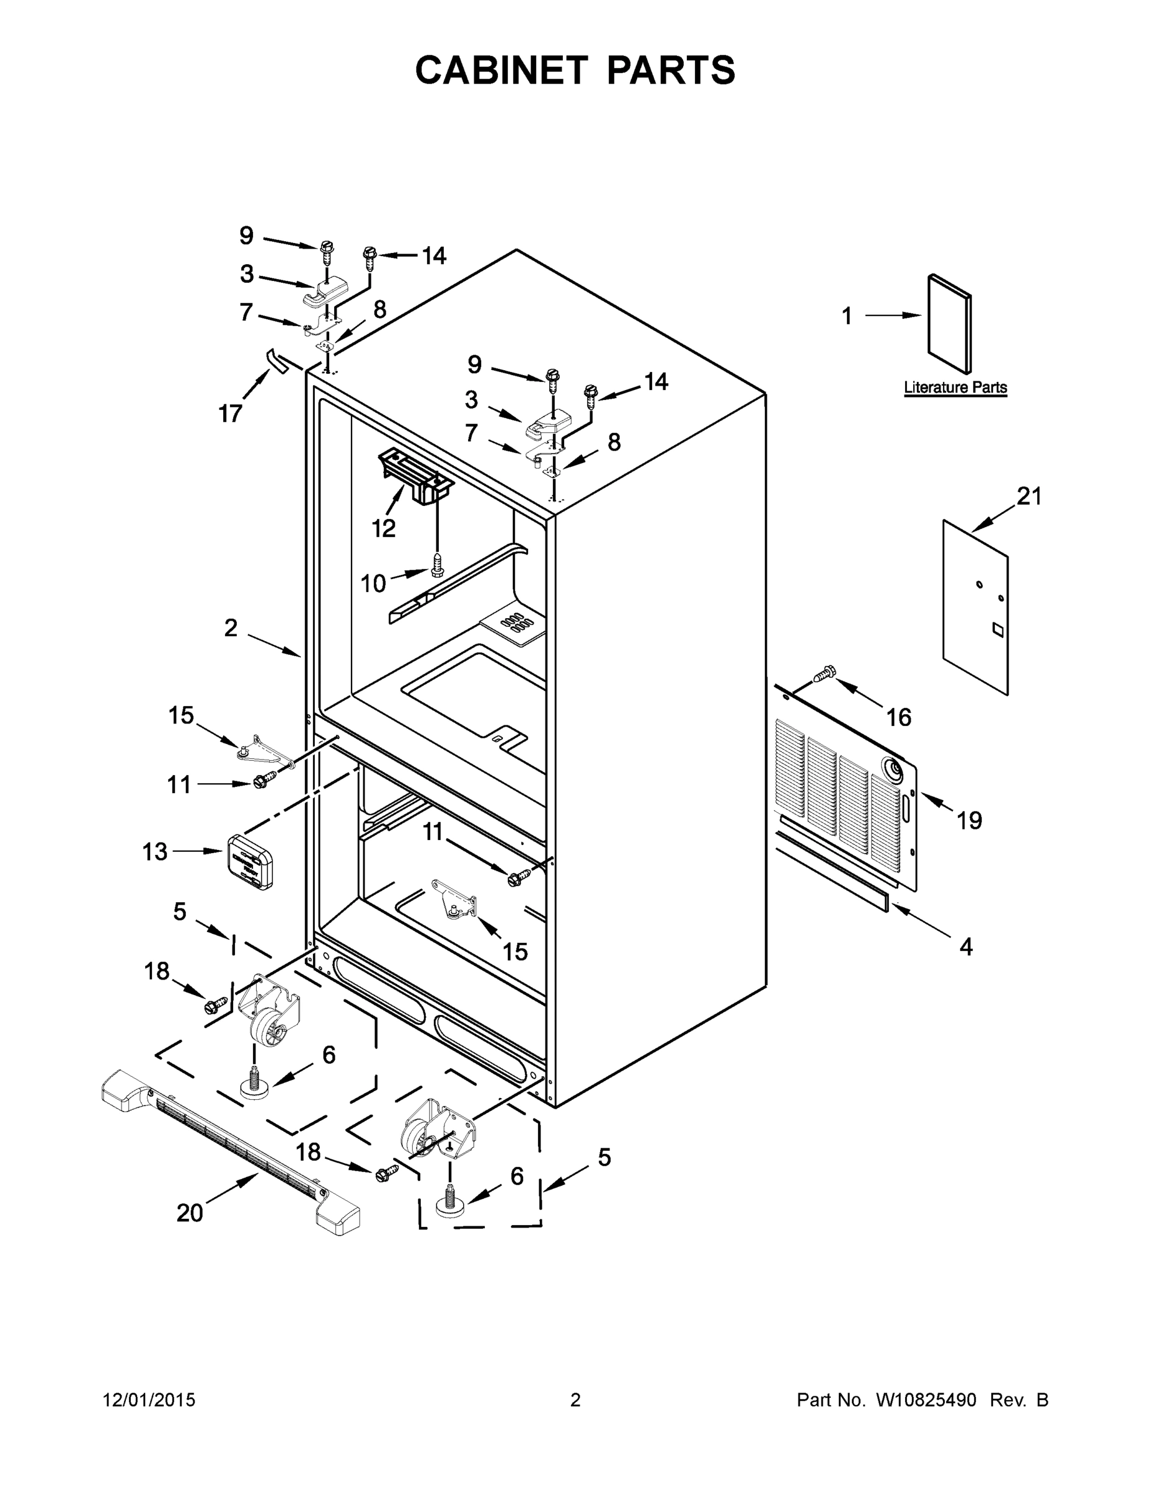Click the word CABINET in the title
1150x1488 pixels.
click(x=502, y=70)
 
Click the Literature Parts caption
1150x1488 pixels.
click(x=955, y=387)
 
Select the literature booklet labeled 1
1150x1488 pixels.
click(x=950, y=324)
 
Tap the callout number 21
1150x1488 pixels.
click(x=1029, y=497)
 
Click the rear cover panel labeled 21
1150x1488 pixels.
click(x=976, y=606)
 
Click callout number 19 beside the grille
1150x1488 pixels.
click(x=970, y=820)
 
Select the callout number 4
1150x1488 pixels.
click(x=966, y=946)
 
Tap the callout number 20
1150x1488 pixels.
click(x=190, y=1213)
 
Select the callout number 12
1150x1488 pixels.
click(x=384, y=528)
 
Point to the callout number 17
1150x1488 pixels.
click(x=230, y=413)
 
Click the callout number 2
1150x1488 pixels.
click(x=231, y=627)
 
